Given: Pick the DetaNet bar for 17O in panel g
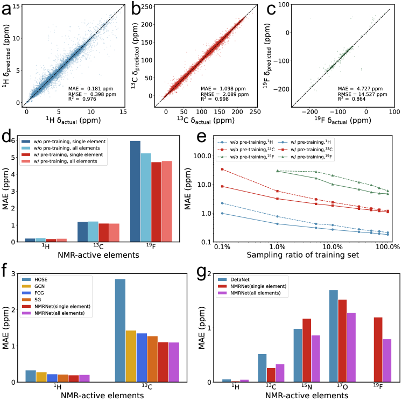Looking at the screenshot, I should [348, 336].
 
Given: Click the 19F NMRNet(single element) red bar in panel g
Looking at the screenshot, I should [377, 349].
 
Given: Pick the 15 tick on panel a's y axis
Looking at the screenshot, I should [18, 6].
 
